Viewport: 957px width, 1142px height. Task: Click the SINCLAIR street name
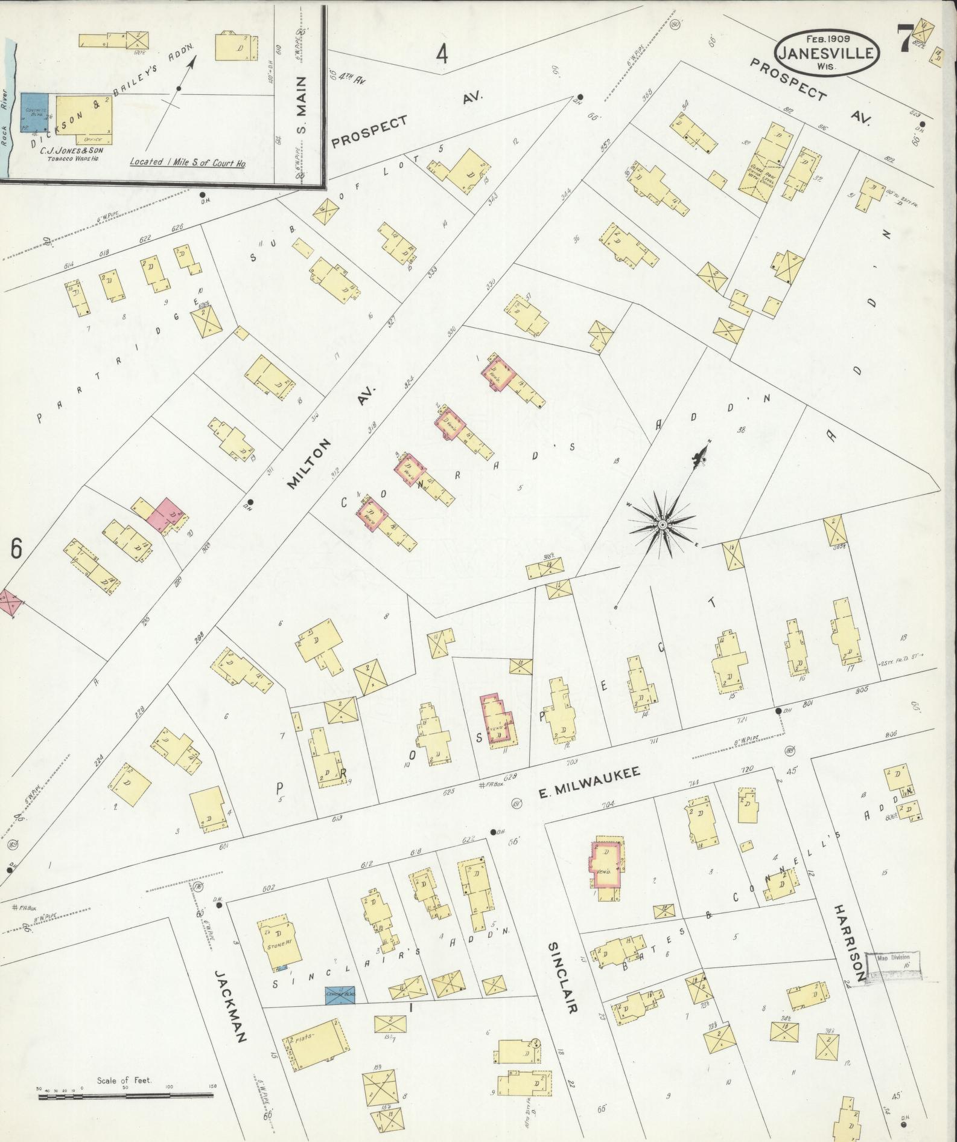click(564, 972)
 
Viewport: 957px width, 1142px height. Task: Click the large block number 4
click(442, 55)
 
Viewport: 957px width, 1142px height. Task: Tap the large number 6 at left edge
click(16, 548)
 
